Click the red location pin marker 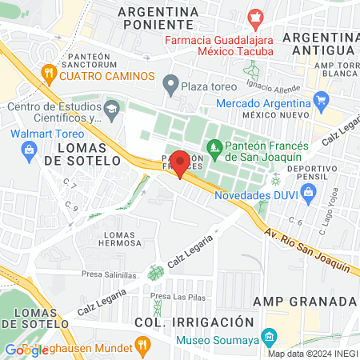(180, 162)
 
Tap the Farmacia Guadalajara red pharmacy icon (255, 16)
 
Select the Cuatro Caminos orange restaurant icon (49, 76)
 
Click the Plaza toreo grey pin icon (170, 83)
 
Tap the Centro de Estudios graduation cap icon (111, 107)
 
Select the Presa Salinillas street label (110, 273)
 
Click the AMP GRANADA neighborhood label (304, 301)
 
